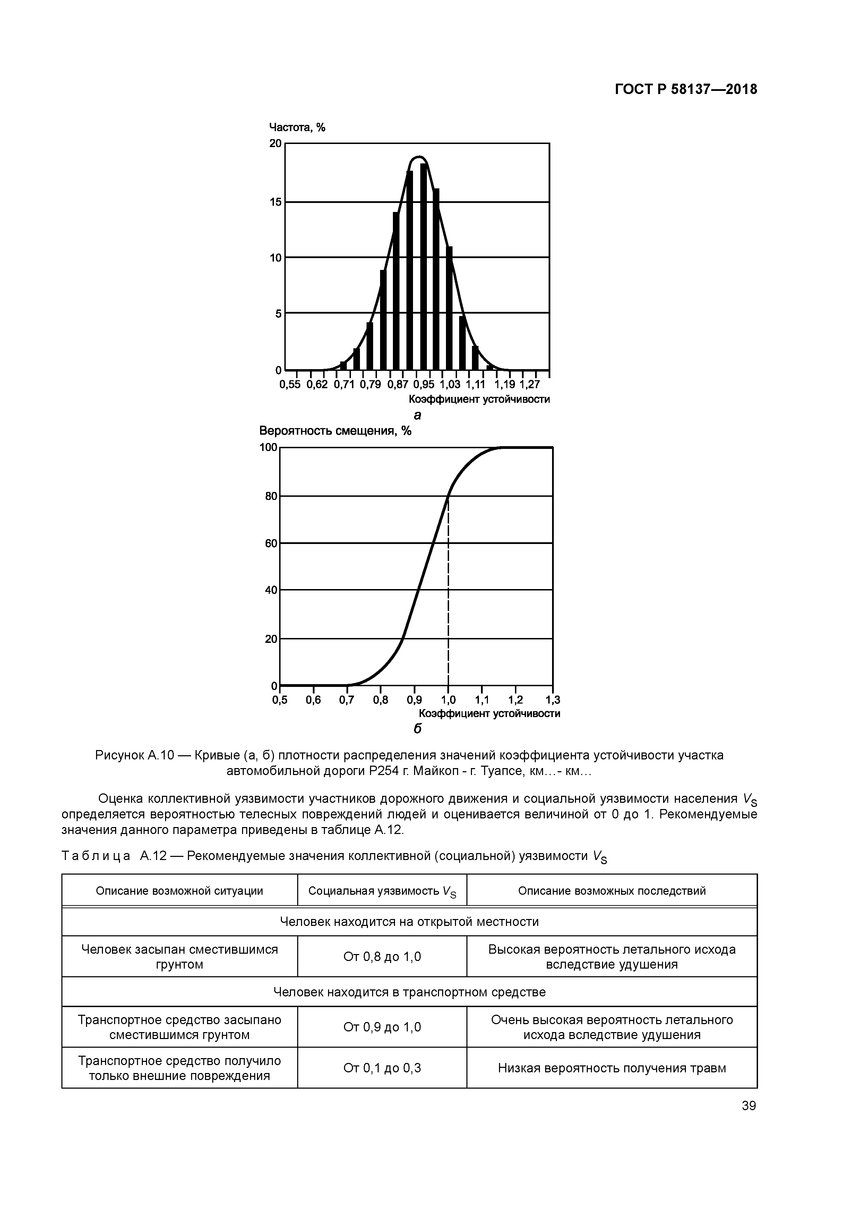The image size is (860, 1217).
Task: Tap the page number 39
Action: pyautogui.click(x=749, y=1106)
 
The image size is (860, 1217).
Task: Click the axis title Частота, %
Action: pyautogui.click(x=297, y=127)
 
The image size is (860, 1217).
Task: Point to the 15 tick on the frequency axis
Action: pyautogui.click(x=276, y=202)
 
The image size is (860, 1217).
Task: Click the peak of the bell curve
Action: pyautogui.click(x=419, y=157)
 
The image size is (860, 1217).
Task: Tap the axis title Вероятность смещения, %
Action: pyautogui.click(x=335, y=431)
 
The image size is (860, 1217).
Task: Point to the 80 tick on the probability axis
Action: pyautogui.click(x=271, y=496)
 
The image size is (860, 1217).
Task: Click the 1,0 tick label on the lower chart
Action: pyautogui.click(x=448, y=700)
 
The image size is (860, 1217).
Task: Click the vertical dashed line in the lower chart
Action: pyautogui.click(x=449, y=594)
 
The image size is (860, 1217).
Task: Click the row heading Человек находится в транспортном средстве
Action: pyautogui.click(x=409, y=992)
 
